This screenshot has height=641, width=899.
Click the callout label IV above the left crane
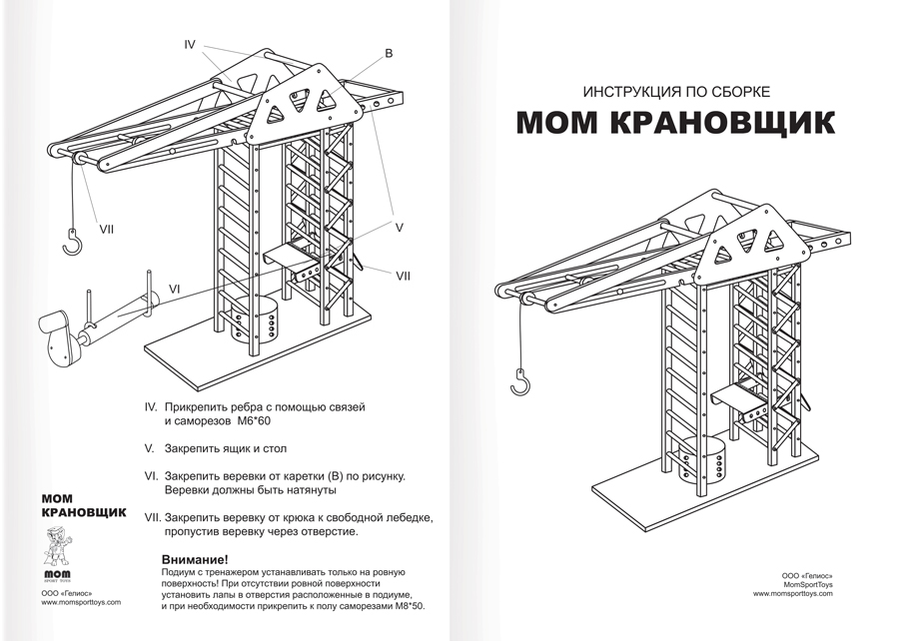point(191,45)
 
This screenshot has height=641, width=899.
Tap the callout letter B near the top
point(390,52)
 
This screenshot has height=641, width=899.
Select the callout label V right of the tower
point(399,228)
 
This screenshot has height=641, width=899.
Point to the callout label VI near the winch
point(174,289)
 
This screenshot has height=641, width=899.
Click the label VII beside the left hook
point(107,229)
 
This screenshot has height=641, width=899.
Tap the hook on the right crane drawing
point(519,381)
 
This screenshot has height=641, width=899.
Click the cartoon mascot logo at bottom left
point(59,549)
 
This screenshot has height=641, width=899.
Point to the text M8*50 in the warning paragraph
point(407,606)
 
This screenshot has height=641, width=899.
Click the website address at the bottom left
point(81,602)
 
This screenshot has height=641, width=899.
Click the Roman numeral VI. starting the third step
point(153,477)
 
